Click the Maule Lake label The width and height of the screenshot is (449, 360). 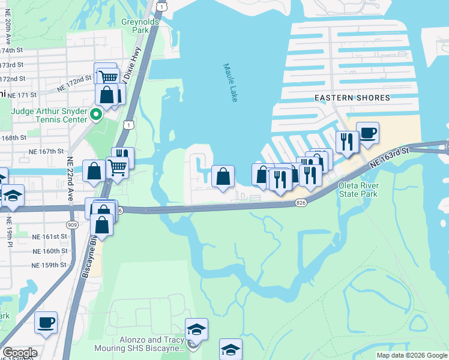231,83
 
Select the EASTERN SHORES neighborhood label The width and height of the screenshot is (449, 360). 352,97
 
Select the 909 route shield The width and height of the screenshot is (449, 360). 73,224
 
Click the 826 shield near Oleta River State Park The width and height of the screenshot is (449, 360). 301,204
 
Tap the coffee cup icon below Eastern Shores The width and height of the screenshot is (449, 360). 367,133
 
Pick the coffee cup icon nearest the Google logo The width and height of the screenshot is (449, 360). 46,322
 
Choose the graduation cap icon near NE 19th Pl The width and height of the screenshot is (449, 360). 12,196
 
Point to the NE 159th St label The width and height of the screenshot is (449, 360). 49,265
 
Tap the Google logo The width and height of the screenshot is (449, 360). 20,353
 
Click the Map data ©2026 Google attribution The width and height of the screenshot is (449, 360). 411,355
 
